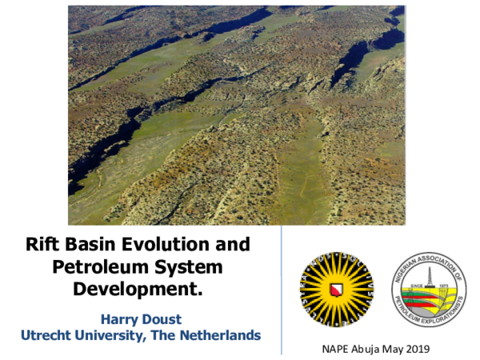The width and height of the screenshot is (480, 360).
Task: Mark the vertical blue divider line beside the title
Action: click(x=282, y=288)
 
